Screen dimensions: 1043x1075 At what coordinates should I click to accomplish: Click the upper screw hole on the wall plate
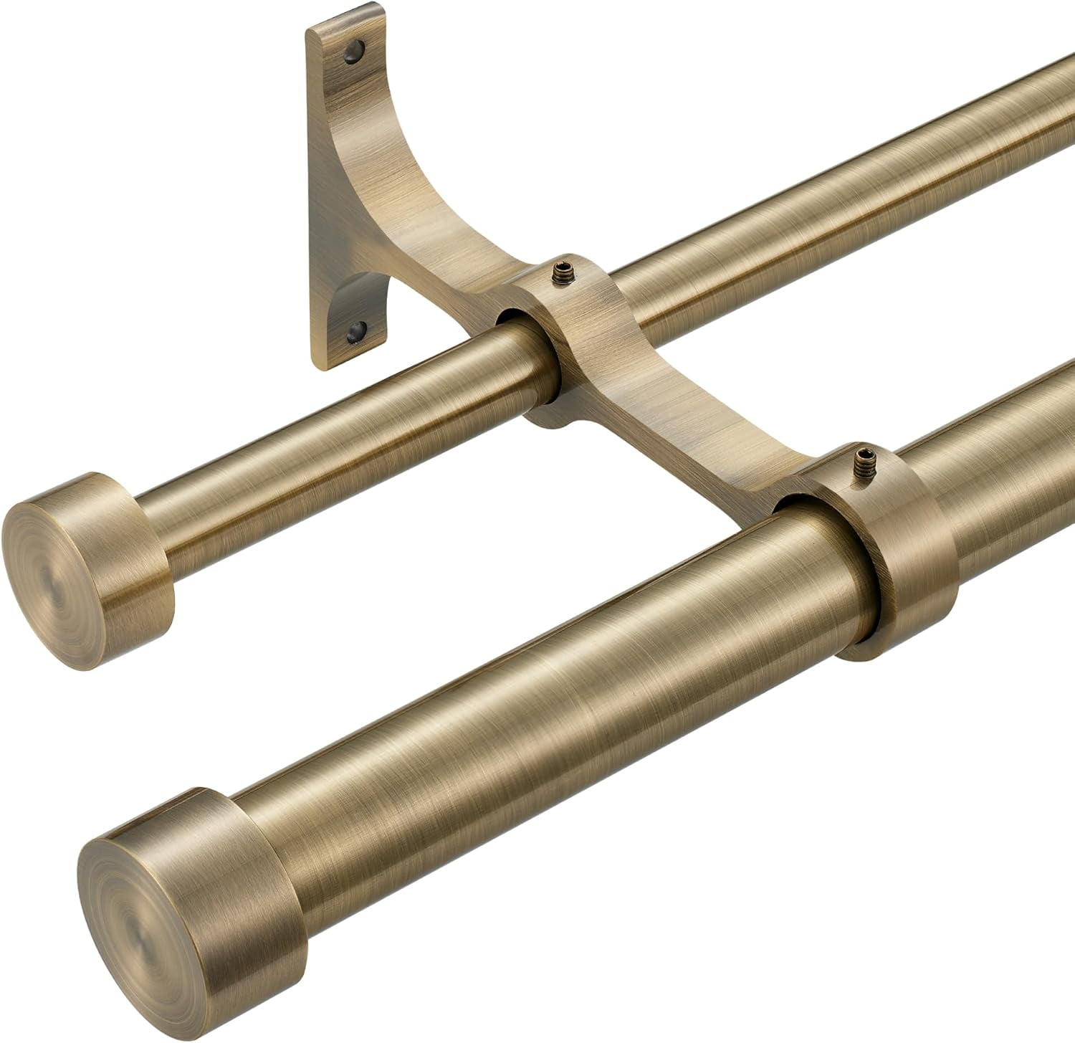coord(353,51)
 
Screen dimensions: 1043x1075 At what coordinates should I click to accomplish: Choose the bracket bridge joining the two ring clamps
coord(688,423)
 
